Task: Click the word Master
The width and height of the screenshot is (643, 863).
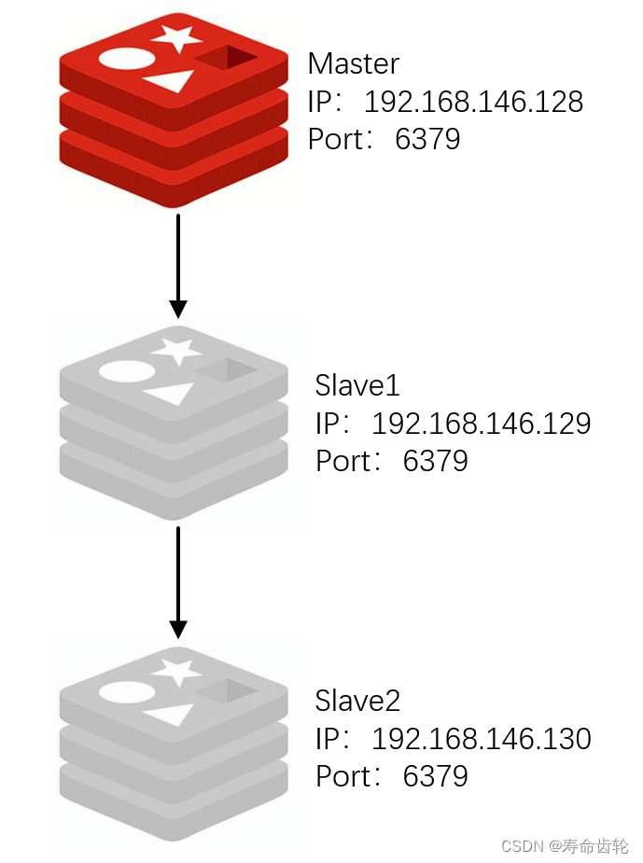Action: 353,63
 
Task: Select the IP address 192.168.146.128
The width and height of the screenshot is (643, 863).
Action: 473,102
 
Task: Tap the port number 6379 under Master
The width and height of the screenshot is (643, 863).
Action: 428,139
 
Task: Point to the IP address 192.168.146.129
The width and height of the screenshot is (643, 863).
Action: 481,424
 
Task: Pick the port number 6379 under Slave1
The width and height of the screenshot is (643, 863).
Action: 436,461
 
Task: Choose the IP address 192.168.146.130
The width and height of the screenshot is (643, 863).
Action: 481,739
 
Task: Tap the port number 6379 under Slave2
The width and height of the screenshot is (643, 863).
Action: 436,776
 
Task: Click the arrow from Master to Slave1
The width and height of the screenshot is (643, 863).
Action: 177,265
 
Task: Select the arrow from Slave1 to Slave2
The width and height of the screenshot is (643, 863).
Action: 177,580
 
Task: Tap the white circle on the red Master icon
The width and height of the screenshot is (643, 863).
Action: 124,59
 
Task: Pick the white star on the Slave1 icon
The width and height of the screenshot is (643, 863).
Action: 177,352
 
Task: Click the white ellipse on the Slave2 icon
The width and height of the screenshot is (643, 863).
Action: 125,691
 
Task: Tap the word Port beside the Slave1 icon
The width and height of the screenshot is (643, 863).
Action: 342,461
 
